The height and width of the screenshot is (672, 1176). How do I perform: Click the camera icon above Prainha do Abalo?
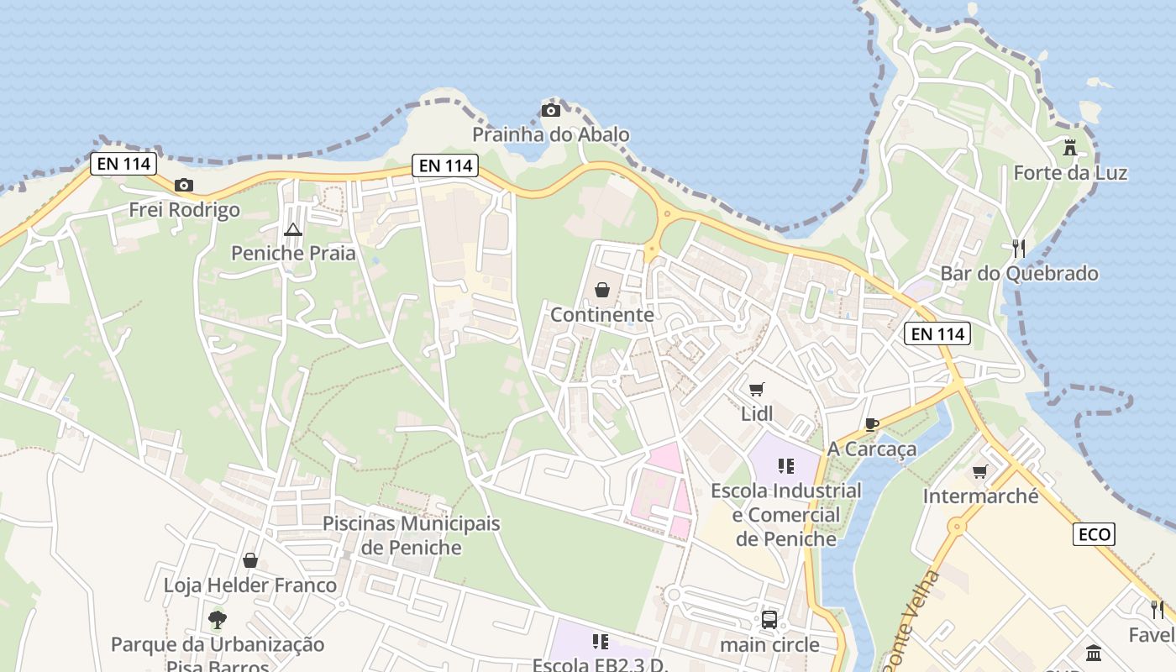pos(551,111)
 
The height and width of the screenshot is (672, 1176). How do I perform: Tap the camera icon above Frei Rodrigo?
pos(184,186)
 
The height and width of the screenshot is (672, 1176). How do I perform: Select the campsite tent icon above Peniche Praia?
pos(292,229)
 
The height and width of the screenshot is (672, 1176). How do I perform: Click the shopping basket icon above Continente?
pos(602,291)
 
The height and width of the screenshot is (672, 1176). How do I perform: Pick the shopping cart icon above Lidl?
pos(756,390)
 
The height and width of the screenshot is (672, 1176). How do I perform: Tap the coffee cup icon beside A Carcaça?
pos(872,425)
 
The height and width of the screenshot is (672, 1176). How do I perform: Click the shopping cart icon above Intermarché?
pos(979,472)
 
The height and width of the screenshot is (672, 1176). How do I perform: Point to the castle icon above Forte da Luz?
pos(1070,148)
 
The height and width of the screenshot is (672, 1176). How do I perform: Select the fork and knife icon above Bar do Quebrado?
pos(1019,249)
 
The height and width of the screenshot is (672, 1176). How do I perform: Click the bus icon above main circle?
pos(769,620)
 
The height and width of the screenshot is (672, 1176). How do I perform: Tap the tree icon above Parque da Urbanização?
pos(218,621)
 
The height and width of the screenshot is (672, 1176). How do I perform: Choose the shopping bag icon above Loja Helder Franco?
pos(250,560)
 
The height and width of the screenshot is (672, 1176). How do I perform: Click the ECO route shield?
pos(1094,534)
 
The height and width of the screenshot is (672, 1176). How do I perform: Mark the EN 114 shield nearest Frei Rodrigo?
pos(123,164)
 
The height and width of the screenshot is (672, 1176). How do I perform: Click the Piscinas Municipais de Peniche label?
pos(411,535)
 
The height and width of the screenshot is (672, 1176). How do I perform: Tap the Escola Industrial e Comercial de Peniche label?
pos(786,514)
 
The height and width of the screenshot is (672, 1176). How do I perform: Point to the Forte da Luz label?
pos(1070,173)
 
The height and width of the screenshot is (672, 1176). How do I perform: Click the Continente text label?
pos(602,315)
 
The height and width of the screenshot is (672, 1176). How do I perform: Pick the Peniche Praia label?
pos(293,253)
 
